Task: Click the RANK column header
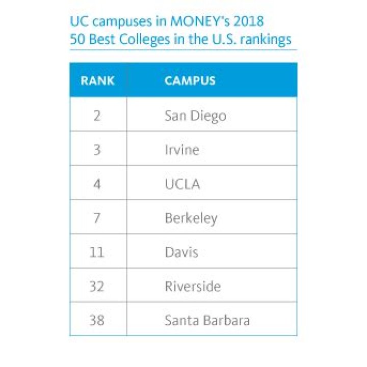click(97, 81)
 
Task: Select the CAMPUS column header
click(190, 81)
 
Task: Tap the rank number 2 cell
click(97, 115)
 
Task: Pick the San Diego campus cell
click(195, 116)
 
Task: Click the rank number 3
click(97, 150)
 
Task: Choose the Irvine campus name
click(181, 150)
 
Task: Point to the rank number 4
click(97, 184)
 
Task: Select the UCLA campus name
click(182, 184)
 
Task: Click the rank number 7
click(97, 218)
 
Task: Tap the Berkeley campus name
click(191, 218)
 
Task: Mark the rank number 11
click(97, 252)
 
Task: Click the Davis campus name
click(181, 252)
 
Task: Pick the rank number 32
click(97, 286)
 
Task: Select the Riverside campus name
click(192, 286)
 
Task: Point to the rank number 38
click(97, 321)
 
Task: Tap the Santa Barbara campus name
click(207, 321)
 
